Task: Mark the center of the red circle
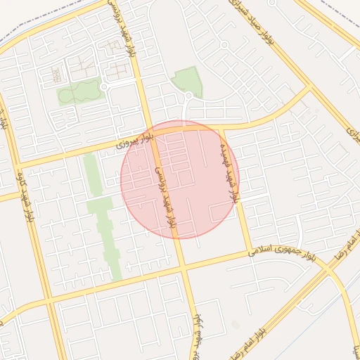180,179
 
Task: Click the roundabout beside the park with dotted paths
104,87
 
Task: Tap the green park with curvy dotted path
79,92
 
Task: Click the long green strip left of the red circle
102,211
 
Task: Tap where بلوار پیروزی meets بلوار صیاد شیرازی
307,89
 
